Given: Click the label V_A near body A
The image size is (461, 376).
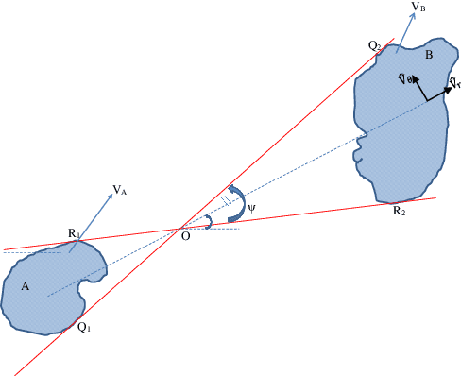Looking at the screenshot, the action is coord(119,190).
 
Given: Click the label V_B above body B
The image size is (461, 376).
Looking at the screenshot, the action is coord(418,9).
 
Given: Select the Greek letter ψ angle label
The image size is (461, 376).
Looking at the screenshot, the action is coord(251,210).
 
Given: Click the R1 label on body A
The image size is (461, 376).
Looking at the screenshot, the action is coord(73,232).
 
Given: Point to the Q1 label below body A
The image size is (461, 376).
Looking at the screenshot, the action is coord(84,327).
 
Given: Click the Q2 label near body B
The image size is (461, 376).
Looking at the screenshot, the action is coord(374,45).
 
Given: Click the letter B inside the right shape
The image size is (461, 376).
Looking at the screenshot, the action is coord(429,57).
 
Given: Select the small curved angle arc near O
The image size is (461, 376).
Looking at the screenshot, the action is coord(209,221).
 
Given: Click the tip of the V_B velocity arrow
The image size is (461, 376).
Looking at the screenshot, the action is coord(409,15).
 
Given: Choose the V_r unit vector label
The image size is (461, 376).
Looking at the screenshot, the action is coord(454,85).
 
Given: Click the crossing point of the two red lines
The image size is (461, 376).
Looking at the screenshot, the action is coord(182,227).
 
